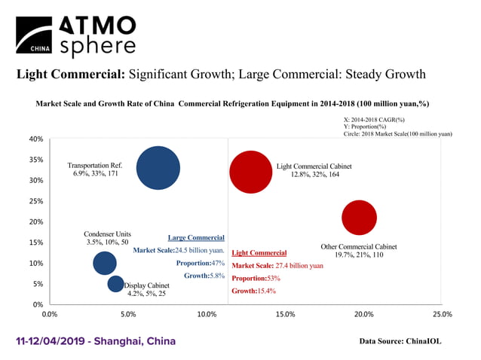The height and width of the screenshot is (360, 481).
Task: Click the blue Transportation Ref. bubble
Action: pos(158,168)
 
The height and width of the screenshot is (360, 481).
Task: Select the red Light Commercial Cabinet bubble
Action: pos(249,172)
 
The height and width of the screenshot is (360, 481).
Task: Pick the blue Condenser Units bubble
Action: pos(105,263)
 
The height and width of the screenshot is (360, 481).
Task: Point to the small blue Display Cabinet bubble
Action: pos(115,284)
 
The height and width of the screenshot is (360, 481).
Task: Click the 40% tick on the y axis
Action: pos(36,139)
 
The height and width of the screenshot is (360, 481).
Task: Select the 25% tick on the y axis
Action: pos(36,201)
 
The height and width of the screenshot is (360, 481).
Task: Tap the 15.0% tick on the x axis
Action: pos(285,315)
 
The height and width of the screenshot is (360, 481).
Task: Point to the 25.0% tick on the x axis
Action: pos(442,315)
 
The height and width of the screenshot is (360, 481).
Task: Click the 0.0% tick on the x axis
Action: pos(50,315)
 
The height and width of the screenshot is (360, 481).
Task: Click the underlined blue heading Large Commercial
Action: pos(196,238)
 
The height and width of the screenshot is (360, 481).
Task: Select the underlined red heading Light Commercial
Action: pos(259,253)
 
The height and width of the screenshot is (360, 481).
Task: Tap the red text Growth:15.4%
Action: pos(254,291)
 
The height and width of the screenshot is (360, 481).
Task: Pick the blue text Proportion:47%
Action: pos(201,263)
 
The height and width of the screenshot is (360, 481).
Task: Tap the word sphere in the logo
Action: pos(97,47)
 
